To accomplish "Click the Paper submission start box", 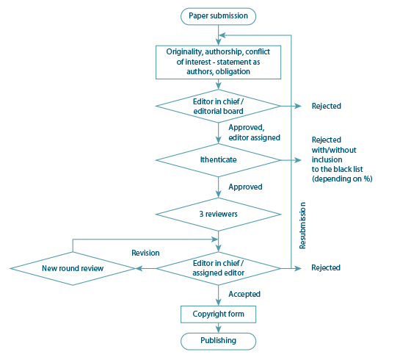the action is [218, 16].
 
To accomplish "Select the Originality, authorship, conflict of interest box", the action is [218, 62].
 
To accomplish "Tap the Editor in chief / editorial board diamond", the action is [218, 106].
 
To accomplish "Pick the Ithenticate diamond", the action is [218, 160].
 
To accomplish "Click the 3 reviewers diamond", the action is [218, 214].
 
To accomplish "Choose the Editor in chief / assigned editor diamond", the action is [218, 268].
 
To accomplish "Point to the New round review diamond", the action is [73, 268].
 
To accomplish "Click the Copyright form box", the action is [218, 314].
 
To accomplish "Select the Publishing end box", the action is [218, 341].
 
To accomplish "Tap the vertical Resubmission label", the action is [302, 226].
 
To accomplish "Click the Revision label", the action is [145, 253].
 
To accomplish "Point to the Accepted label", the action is [244, 294].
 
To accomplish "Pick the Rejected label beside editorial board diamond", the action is [327, 106].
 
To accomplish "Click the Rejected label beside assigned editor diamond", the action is [326, 267].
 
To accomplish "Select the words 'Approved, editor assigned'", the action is [254, 132].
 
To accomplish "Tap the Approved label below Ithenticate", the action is [245, 187].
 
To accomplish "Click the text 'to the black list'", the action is [337, 169].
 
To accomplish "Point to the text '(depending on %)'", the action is [342, 179].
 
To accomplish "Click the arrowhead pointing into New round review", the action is [139, 268].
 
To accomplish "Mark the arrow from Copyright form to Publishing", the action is [218, 328].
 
